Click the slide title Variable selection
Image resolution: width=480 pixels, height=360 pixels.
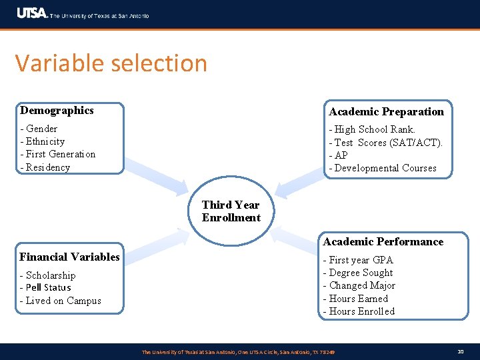point(111,63)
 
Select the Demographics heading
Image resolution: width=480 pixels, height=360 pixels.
point(57,111)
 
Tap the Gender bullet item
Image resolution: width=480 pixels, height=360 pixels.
point(39,129)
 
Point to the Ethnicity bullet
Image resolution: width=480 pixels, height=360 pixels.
point(43,141)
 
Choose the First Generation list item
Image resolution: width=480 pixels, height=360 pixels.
point(58,154)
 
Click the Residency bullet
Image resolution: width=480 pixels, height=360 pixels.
point(45,167)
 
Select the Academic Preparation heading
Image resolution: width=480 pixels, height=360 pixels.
point(386,111)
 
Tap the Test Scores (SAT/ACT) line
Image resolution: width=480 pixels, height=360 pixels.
point(385,143)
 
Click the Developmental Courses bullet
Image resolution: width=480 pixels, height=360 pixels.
point(383,168)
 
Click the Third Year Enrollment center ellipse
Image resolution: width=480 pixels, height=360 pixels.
point(231,211)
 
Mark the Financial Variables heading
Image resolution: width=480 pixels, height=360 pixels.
point(70,257)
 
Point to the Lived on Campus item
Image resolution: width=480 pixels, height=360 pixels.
point(61,301)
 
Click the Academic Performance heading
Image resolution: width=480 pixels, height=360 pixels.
point(383,241)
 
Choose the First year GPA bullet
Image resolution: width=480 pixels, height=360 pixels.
point(358,260)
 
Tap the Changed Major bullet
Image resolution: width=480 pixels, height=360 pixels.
point(359,285)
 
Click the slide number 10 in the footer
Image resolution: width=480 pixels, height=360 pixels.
point(460,351)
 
